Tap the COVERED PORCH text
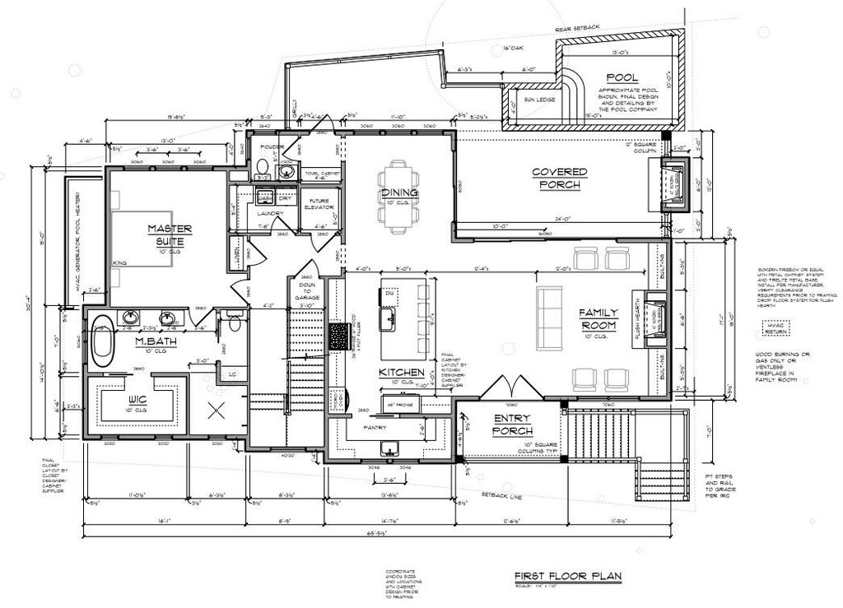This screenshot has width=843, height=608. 559,179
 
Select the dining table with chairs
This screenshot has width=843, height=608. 398,193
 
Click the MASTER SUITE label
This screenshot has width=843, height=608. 170,234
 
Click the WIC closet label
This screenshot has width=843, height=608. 137,401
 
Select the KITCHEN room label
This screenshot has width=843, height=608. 401,373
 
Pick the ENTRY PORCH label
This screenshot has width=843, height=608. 513,425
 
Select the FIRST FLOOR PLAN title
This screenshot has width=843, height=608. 567,576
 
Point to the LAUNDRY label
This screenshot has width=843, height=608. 269,214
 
